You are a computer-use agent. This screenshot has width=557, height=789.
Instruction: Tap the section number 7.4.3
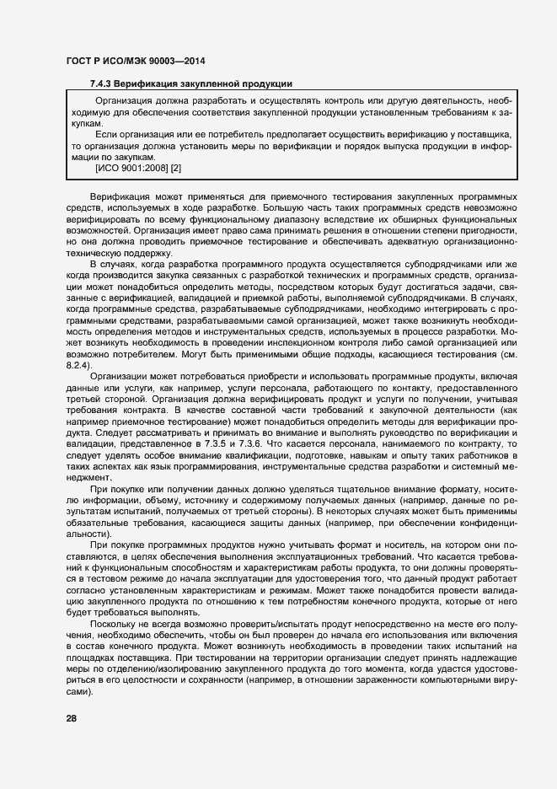tap(101, 84)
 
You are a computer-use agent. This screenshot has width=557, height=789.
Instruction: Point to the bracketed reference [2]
tap(176, 169)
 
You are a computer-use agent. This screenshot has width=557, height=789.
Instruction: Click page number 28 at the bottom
tap(71, 718)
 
